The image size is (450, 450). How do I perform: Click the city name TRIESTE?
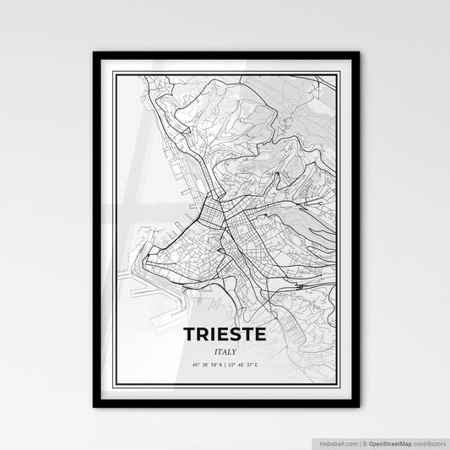point(225,334)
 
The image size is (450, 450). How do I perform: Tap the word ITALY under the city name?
point(225,351)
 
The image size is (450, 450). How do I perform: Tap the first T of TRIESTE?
point(190,334)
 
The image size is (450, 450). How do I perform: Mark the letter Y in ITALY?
point(234,351)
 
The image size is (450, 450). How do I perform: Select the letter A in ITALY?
point(224,351)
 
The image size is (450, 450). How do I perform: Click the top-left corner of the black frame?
point(95,53)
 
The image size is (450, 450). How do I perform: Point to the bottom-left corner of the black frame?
point(95,406)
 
